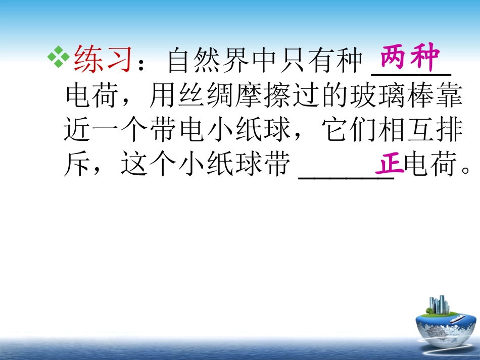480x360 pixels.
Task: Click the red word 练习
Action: [103, 60]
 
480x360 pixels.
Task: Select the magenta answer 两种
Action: [410, 59]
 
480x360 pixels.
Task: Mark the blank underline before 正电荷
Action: [346, 174]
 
